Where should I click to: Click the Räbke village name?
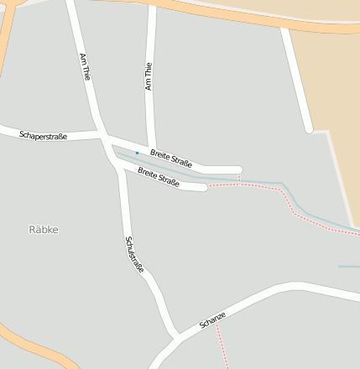pyautogui.click(x=44, y=229)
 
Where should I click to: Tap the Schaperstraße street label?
pyautogui.click(x=43, y=134)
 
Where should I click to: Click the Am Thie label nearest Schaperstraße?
pyautogui.click(x=85, y=66)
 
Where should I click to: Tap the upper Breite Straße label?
pyautogui.click(x=171, y=157)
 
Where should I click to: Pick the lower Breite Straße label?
pyautogui.click(x=159, y=178)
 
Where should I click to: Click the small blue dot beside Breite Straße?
pyautogui.click(x=137, y=153)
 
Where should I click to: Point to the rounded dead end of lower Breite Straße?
pyautogui.click(x=203, y=187)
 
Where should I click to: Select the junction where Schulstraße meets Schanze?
pyautogui.click(x=177, y=337)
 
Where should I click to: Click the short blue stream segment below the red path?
pyautogui.click(x=348, y=267)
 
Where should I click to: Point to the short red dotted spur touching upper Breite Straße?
pyautogui.click(x=239, y=178)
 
